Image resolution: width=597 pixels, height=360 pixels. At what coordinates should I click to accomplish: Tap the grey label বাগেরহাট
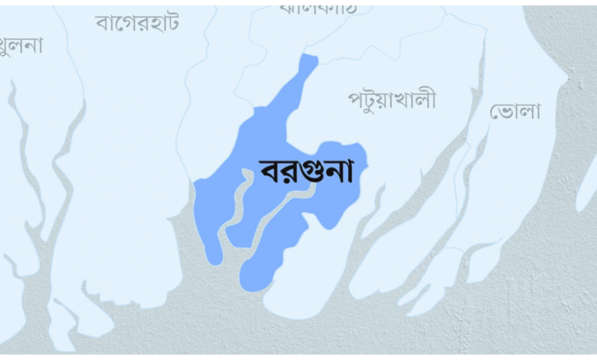[x=138, y=22]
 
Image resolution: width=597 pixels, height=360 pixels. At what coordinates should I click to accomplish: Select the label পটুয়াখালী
[x=392, y=99]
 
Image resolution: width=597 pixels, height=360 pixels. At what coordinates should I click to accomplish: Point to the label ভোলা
[x=515, y=111]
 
